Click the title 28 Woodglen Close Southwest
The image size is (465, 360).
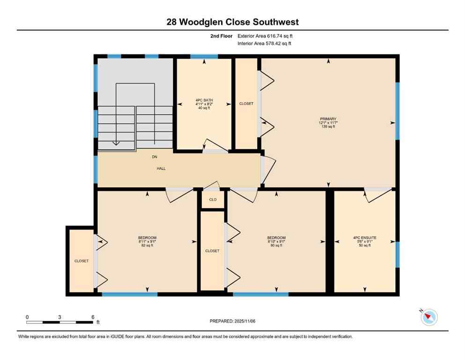232,22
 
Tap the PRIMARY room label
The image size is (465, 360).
329,119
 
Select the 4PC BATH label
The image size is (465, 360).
204,100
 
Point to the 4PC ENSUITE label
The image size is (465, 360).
365,238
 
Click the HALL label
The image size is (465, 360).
161,168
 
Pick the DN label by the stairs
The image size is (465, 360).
155,157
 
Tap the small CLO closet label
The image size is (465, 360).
213,200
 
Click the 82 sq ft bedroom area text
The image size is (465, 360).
147,246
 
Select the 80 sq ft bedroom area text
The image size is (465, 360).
276,246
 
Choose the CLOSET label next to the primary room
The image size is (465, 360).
246,104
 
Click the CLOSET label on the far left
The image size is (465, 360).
81,261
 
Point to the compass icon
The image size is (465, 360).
428,317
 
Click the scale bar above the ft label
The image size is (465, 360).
59,322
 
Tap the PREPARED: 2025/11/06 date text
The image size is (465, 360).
233,321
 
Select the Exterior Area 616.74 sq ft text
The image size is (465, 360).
266,36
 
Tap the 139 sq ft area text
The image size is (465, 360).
329,127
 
